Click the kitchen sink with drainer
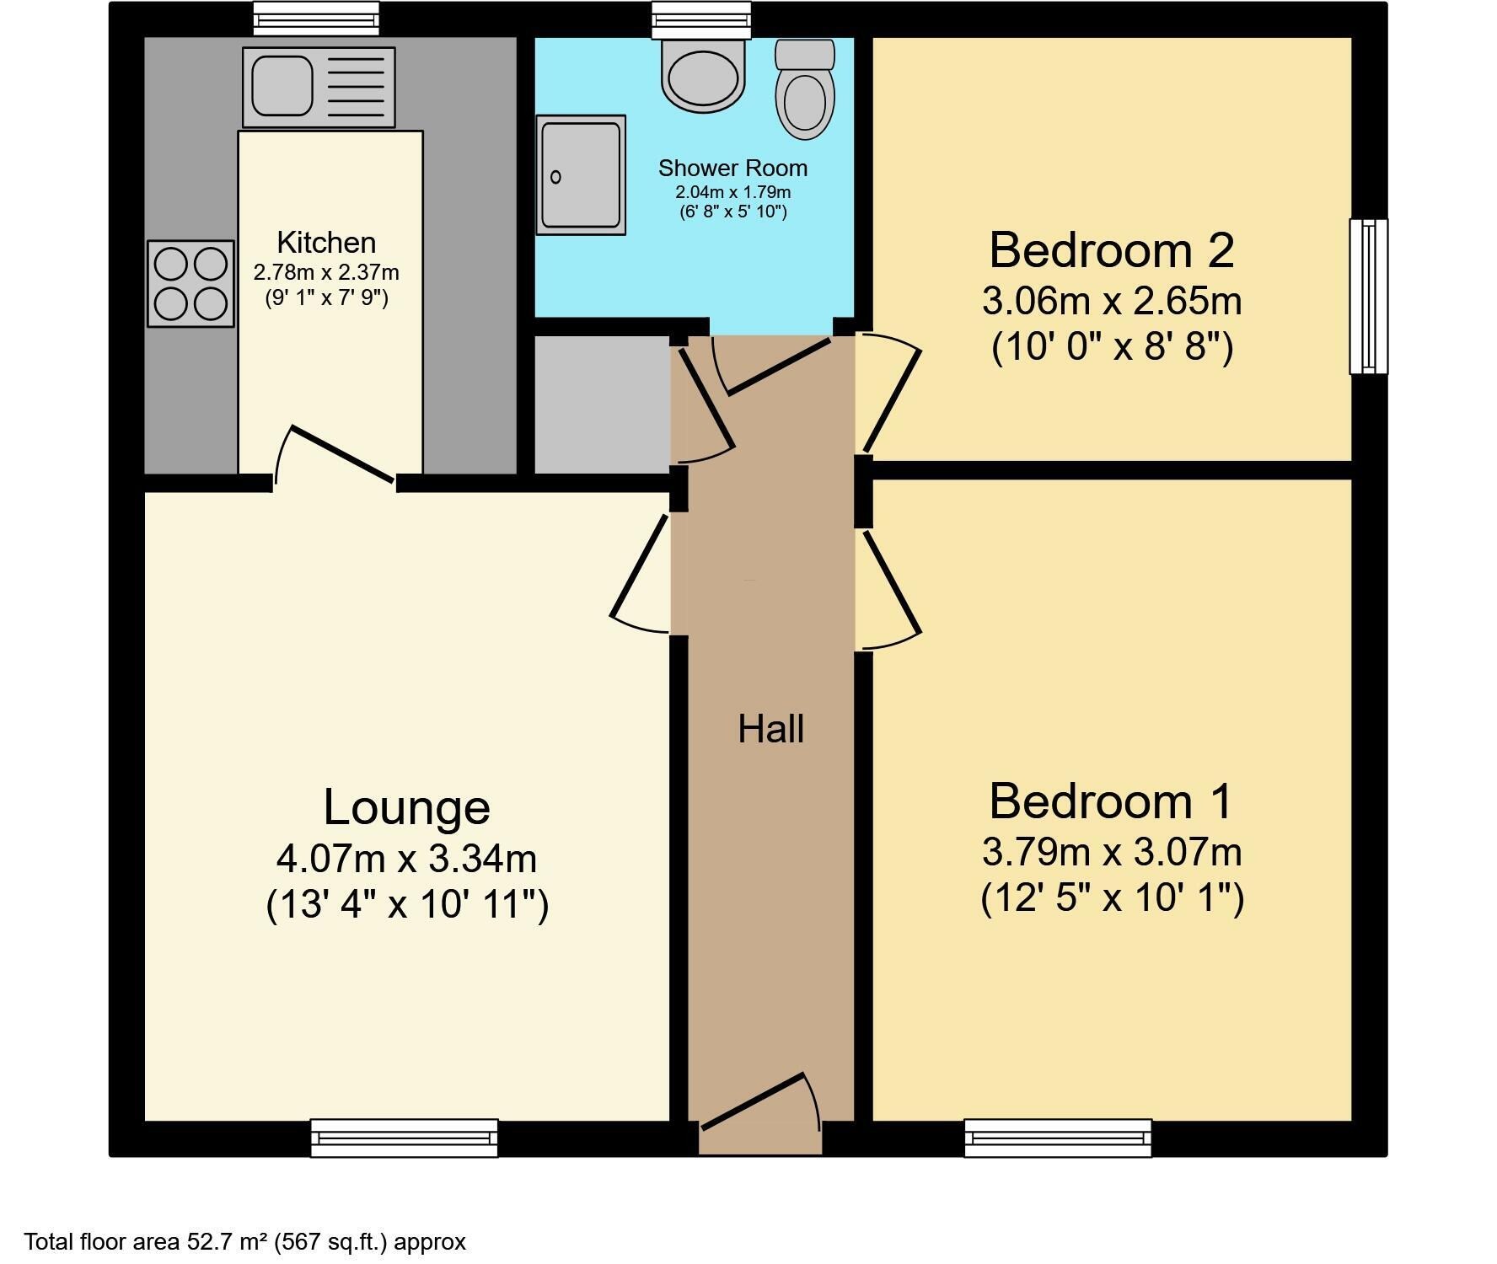[x=319, y=87]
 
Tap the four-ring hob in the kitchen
[x=190, y=284]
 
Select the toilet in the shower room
[x=805, y=89]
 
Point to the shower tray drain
[x=555, y=177]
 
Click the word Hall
[x=770, y=729]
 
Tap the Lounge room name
[x=406, y=807]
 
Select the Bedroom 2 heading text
[x=1112, y=250]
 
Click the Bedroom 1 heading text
[x=1111, y=801]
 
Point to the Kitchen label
[x=326, y=243]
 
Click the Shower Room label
[x=732, y=169]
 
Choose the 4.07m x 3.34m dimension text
[x=406, y=859]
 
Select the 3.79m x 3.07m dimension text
[x=1112, y=852]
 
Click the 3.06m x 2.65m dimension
[x=1112, y=301]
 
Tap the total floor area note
[x=244, y=1241]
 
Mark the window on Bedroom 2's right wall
[x=1369, y=296]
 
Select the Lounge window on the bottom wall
[x=405, y=1138]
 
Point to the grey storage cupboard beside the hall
[x=603, y=404]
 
